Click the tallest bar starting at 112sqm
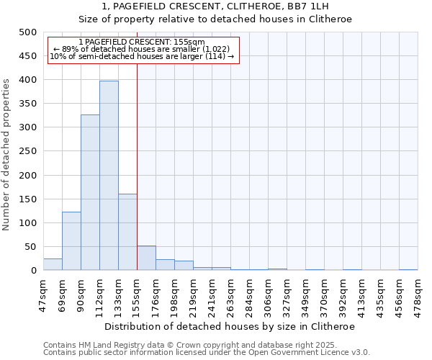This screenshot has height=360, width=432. pos(109,176)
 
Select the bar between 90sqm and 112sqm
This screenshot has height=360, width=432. pos(90,192)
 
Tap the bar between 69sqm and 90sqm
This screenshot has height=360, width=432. pos(71,241)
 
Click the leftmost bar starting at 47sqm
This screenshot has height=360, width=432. pos(53,264)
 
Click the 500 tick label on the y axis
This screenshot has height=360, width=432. pos(27,32)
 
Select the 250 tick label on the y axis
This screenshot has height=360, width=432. pos(27,151)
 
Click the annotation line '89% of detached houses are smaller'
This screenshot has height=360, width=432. pos(141,49)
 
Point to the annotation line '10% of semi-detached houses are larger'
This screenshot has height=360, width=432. pos(141,56)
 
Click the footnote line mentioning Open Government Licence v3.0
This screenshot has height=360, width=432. pos(207,352)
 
